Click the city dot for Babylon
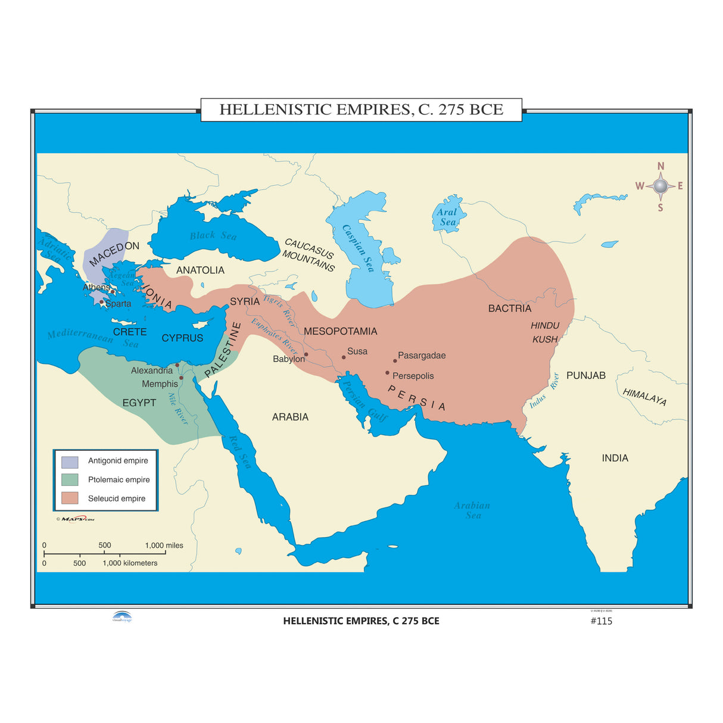pos(306,354)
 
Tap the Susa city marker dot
pos(344,357)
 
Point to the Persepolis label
pos(413,376)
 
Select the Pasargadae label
pos(422,356)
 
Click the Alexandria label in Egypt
pos(152,370)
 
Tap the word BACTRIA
pos(510,308)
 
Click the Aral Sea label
pos(447,217)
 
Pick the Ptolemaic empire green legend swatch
pos(70,479)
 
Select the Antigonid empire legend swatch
pos(70,462)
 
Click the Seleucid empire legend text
pos(117,498)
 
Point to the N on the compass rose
pos(660,167)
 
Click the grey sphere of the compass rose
pos(660,186)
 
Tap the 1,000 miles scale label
pos(164,546)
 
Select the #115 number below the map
pos(601,621)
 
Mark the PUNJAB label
pos(586,375)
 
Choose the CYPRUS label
pos(182,338)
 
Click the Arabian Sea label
pos(472,510)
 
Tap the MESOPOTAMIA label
pos(341,331)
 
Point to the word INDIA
pos(615,458)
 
